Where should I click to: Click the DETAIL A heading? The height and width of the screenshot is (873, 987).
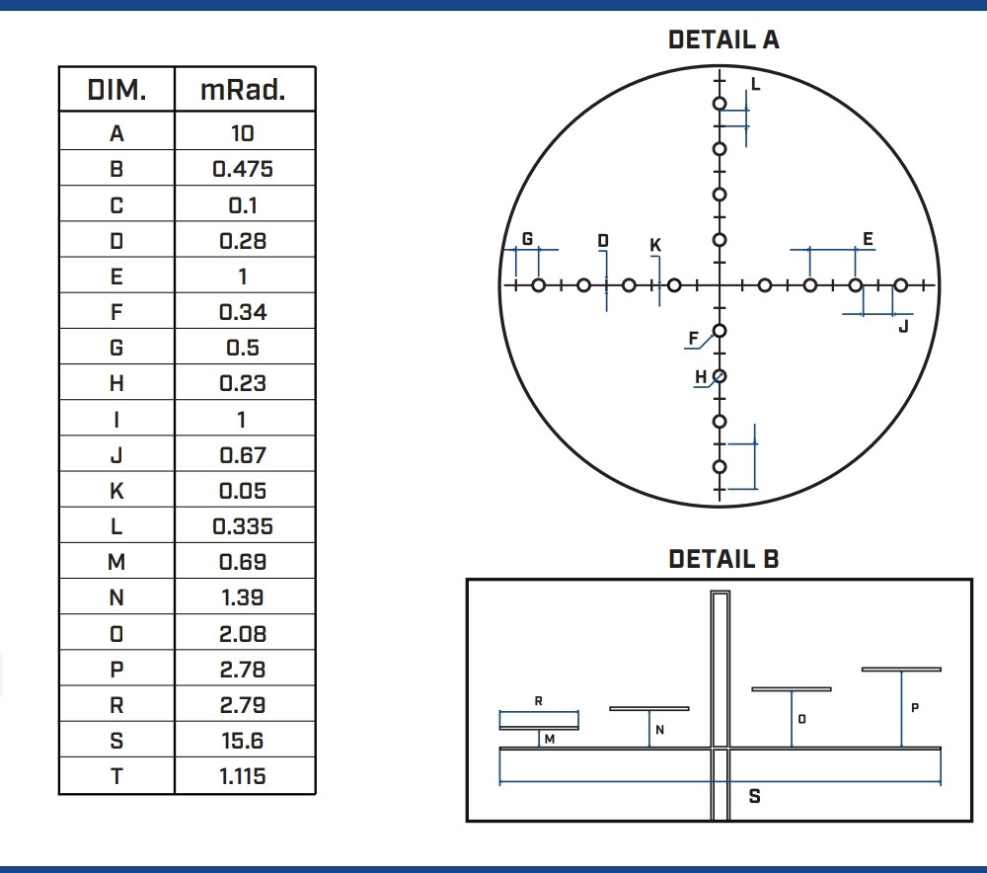723,40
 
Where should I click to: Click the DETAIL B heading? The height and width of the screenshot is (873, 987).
723,559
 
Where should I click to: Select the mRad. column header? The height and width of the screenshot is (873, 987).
243,90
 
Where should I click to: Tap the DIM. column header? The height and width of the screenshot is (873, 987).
116,90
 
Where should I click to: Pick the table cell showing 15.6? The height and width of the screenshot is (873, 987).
243,741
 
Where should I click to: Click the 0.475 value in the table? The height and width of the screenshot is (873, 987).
243,169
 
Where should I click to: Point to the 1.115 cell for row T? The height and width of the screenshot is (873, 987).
243,776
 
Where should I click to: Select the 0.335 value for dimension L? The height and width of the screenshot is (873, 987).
243,526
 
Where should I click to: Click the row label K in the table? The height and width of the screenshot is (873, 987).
116,491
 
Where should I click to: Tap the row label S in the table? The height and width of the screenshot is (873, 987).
116,741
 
